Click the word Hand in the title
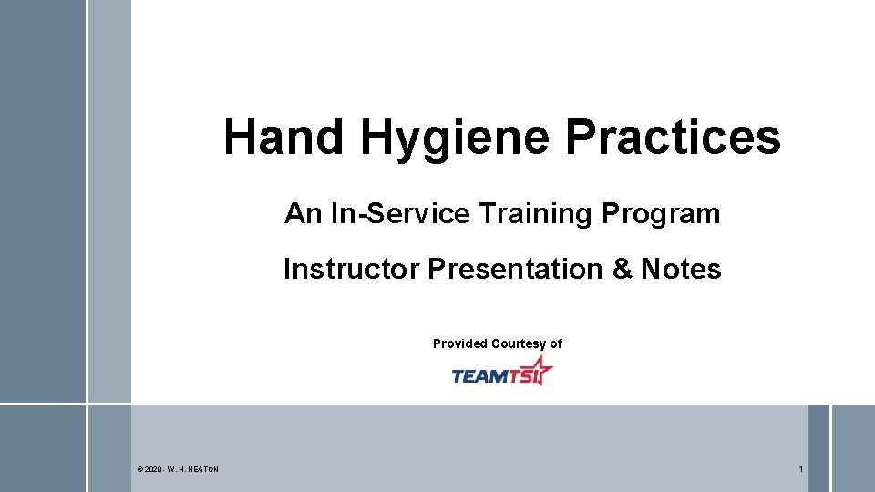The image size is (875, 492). [283, 138]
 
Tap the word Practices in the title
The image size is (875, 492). [673, 138]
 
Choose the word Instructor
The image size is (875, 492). [350, 270]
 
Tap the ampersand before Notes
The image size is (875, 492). [622, 270]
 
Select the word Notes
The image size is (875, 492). [681, 270]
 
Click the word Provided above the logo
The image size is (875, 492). [460, 343]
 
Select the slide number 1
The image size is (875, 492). [800, 469]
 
